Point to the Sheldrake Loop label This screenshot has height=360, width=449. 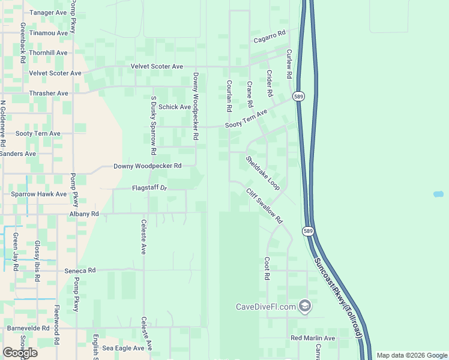point(262,173)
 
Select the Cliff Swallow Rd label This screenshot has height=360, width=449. point(264,206)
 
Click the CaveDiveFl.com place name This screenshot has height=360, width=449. point(266,307)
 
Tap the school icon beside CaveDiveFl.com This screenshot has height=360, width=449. point(305,307)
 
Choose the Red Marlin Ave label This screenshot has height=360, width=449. point(313,338)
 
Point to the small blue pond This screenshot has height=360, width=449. point(438,194)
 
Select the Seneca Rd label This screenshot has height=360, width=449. point(80,271)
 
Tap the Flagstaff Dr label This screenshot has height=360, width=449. point(149,188)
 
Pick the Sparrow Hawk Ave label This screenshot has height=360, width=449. point(39,194)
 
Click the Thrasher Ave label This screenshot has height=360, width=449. point(49,94)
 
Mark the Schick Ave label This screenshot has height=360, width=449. point(175,107)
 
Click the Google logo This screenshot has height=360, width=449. point(20,353)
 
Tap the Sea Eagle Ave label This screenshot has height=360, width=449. point(123,348)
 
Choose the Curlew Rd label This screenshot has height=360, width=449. point(289,64)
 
